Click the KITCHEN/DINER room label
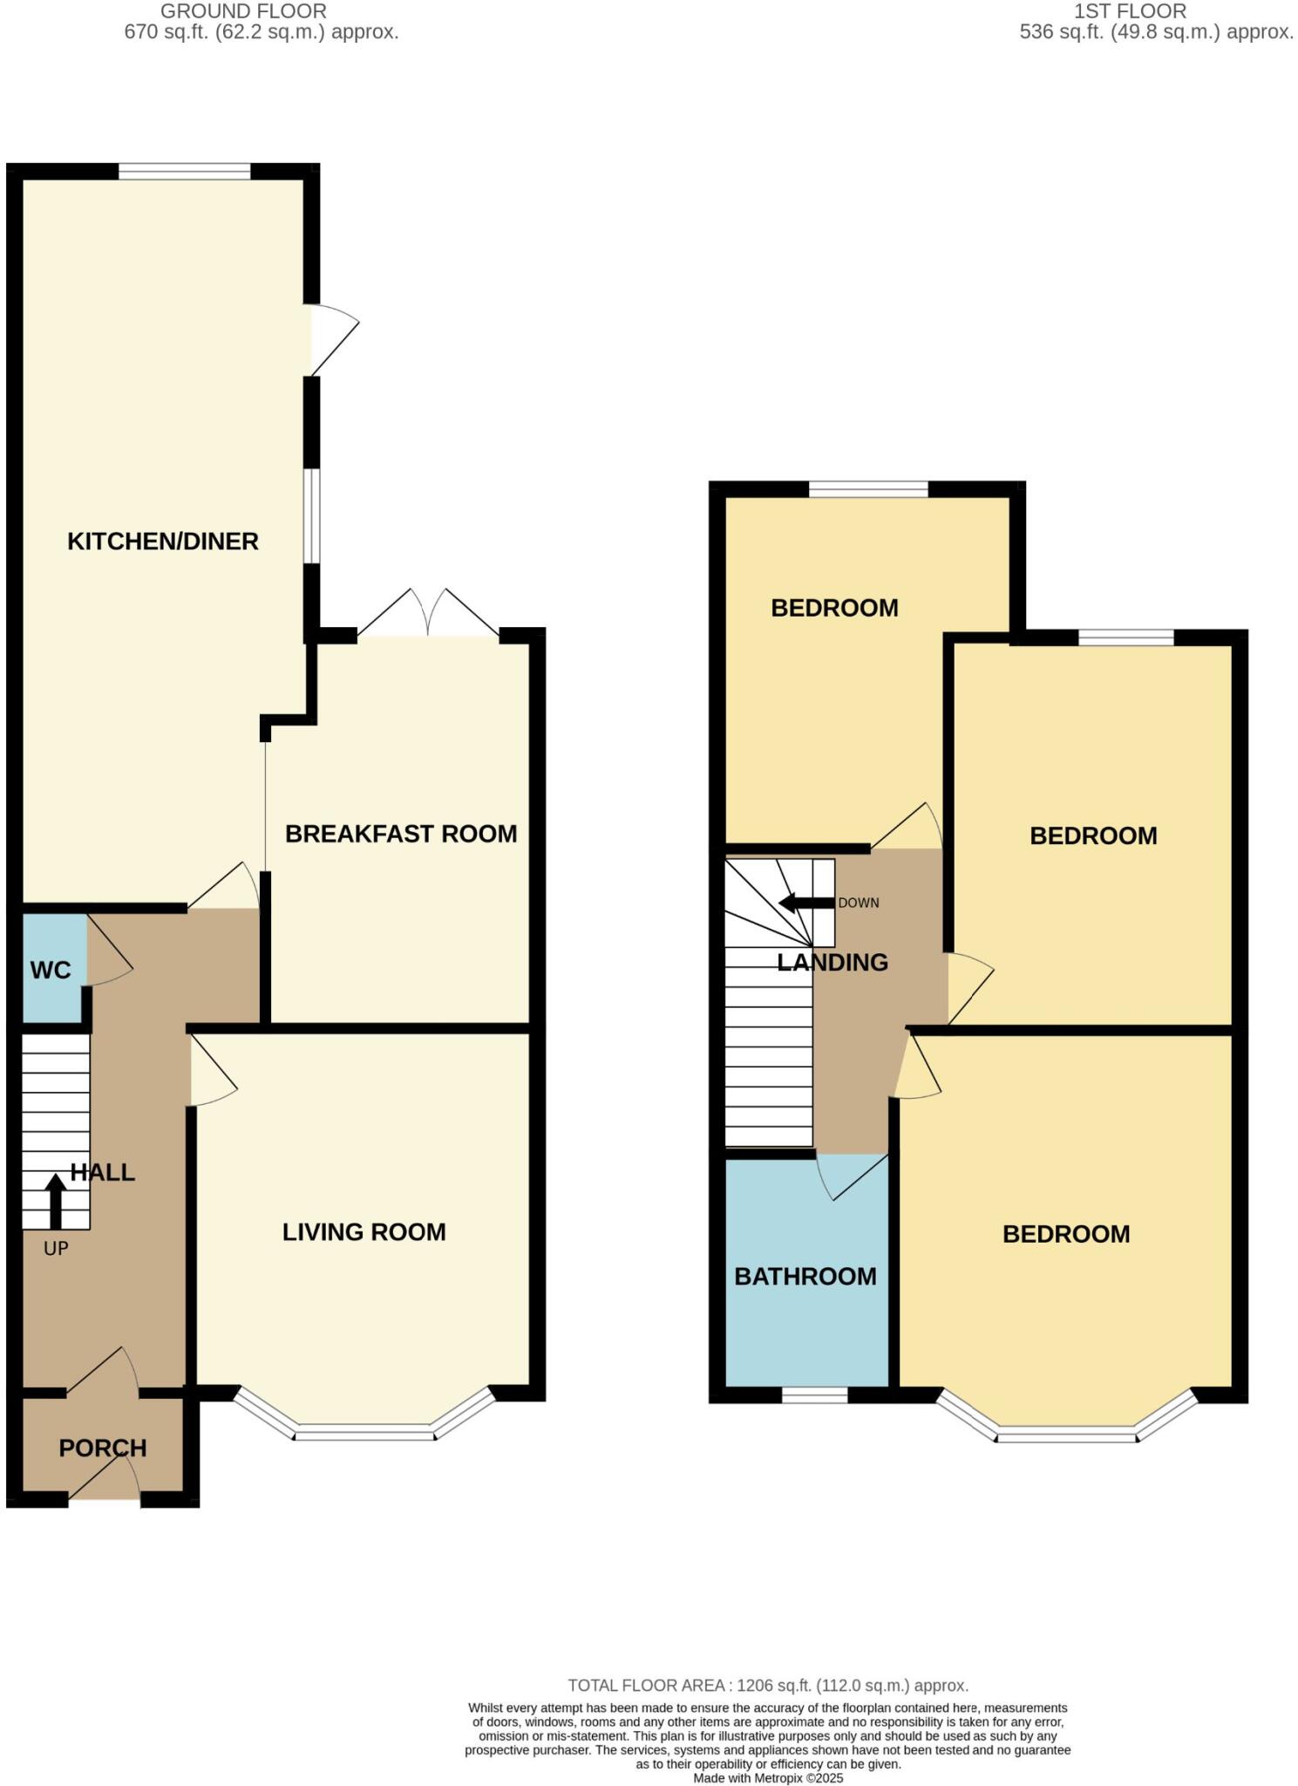click(163, 542)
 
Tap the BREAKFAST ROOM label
click(401, 834)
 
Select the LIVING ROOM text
click(364, 1231)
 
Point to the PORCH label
click(102, 1448)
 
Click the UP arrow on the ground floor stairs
click(55, 1200)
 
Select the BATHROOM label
click(805, 1276)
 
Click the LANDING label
click(832, 962)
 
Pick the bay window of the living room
click(364, 1432)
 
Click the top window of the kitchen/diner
click(184, 172)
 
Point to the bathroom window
click(814, 1395)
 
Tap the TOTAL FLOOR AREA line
click(767, 1685)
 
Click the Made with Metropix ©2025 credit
click(767, 1777)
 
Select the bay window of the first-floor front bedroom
click(1066, 1434)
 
